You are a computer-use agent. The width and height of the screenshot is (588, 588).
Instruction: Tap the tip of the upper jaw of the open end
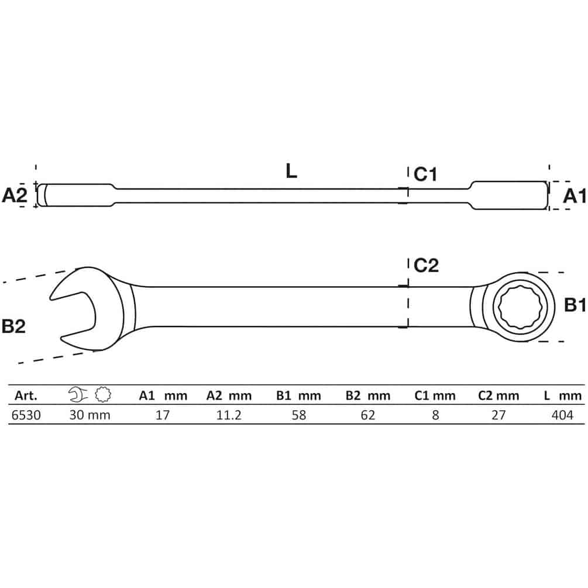coord(50,298)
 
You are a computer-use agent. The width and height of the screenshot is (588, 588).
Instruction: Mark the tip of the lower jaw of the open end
coord(61,338)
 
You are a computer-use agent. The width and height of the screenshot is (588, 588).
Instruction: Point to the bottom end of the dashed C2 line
coord(408,328)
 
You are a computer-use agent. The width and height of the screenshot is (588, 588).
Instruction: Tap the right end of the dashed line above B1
coord(564,273)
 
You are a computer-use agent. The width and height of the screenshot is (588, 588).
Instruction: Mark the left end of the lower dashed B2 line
coord(18,363)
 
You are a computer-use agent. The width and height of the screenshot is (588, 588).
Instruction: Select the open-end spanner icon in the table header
coord(78,394)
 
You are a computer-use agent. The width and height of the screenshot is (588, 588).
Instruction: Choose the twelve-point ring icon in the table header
coord(103,394)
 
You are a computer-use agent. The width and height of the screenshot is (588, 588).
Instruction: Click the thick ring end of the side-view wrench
coord(509,195)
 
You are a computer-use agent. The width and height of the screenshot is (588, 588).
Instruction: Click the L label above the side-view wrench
coord(291,171)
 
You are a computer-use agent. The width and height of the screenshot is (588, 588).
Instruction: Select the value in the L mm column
coord(562,415)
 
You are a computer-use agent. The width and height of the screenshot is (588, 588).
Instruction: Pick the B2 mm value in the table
coord(368,415)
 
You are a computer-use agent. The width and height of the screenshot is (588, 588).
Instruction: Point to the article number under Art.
coord(26,415)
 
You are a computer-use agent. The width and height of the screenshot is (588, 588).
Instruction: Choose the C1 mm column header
coord(435,396)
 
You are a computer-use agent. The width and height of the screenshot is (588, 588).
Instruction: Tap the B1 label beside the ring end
coord(575,305)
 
